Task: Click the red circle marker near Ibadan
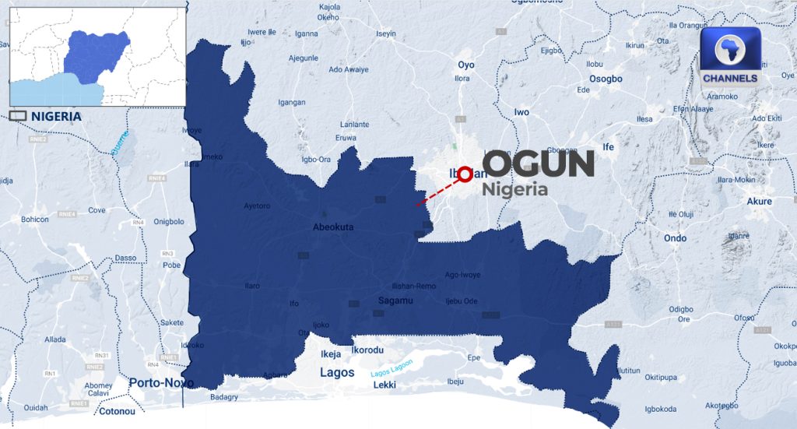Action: click(465, 174)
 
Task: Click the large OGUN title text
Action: click(539, 164)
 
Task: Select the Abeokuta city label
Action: click(333, 227)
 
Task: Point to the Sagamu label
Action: click(394, 300)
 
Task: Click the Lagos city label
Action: click(338, 373)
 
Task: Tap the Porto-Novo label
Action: click(161, 382)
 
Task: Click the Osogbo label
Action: click(606, 79)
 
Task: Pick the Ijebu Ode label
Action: click(461, 301)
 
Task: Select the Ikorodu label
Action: click(367, 350)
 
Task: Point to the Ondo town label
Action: click(675, 237)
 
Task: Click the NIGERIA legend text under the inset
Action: click(56, 117)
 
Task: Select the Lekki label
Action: click(384, 385)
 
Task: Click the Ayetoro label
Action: click(257, 206)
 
